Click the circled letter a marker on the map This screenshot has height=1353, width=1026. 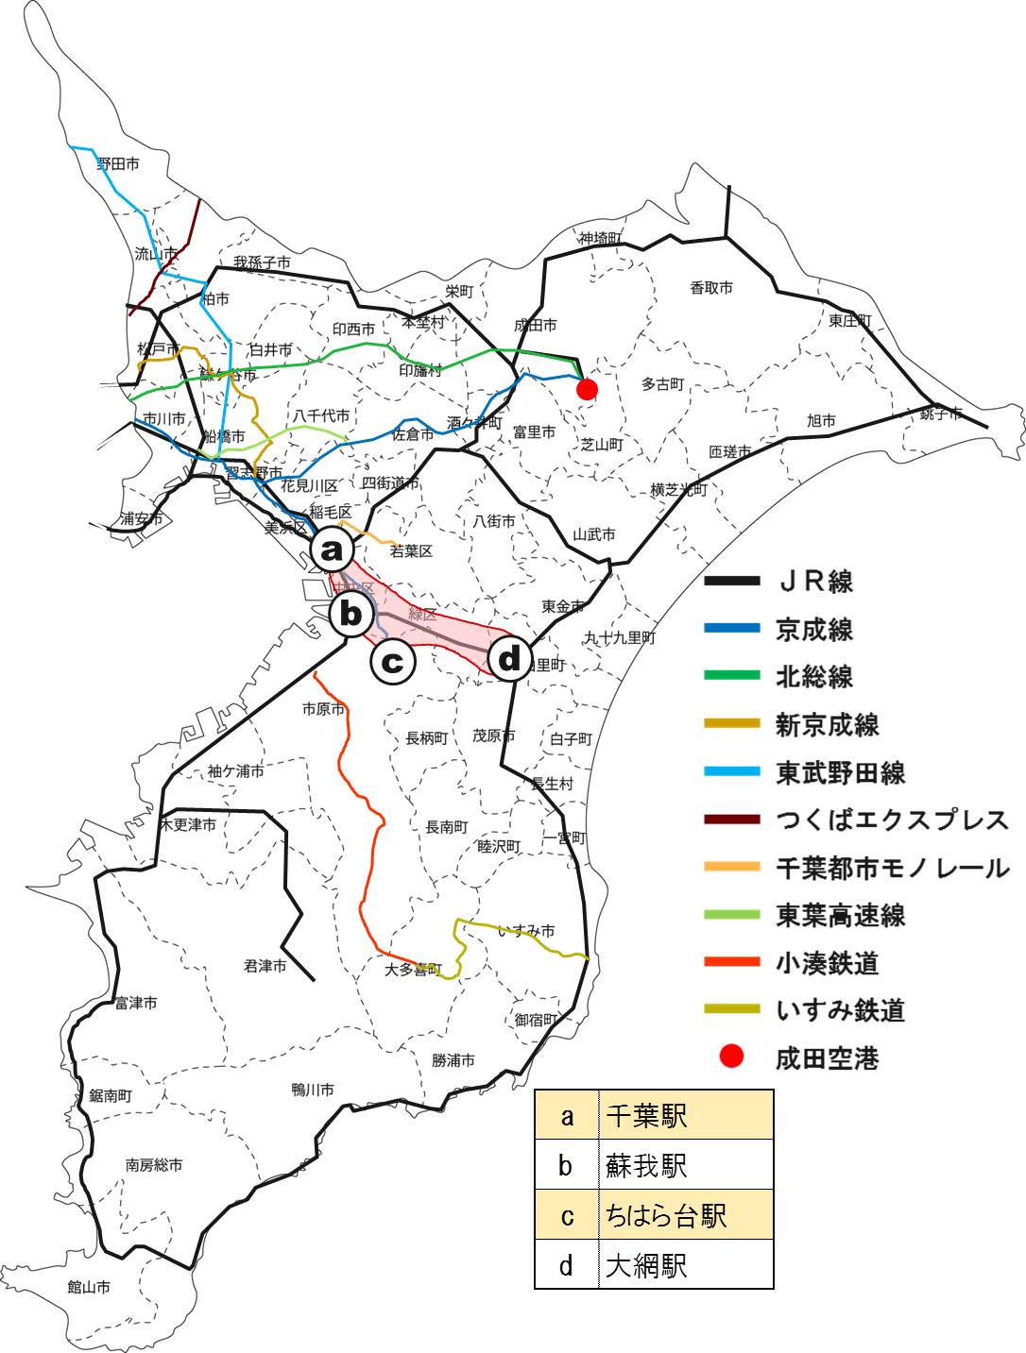point(332,549)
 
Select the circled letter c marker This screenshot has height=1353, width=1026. point(393,661)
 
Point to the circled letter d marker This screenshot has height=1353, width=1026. point(509,659)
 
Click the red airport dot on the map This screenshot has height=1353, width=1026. point(587,389)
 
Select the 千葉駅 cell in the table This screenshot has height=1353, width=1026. point(685,1115)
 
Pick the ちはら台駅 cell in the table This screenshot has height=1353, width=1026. point(685,1215)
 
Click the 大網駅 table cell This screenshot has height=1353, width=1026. point(685,1265)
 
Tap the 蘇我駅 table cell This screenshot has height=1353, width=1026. point(685,1165)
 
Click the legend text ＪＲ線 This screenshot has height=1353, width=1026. point(814,581)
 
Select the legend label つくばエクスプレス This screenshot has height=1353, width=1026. point(892,820)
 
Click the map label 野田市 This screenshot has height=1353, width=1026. point(118,163)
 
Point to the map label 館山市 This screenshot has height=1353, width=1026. point(89,1286)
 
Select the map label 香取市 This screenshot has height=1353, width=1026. point(710,287)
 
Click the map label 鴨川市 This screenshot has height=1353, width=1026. point(313,1089)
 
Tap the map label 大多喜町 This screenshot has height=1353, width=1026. point(413,969)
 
